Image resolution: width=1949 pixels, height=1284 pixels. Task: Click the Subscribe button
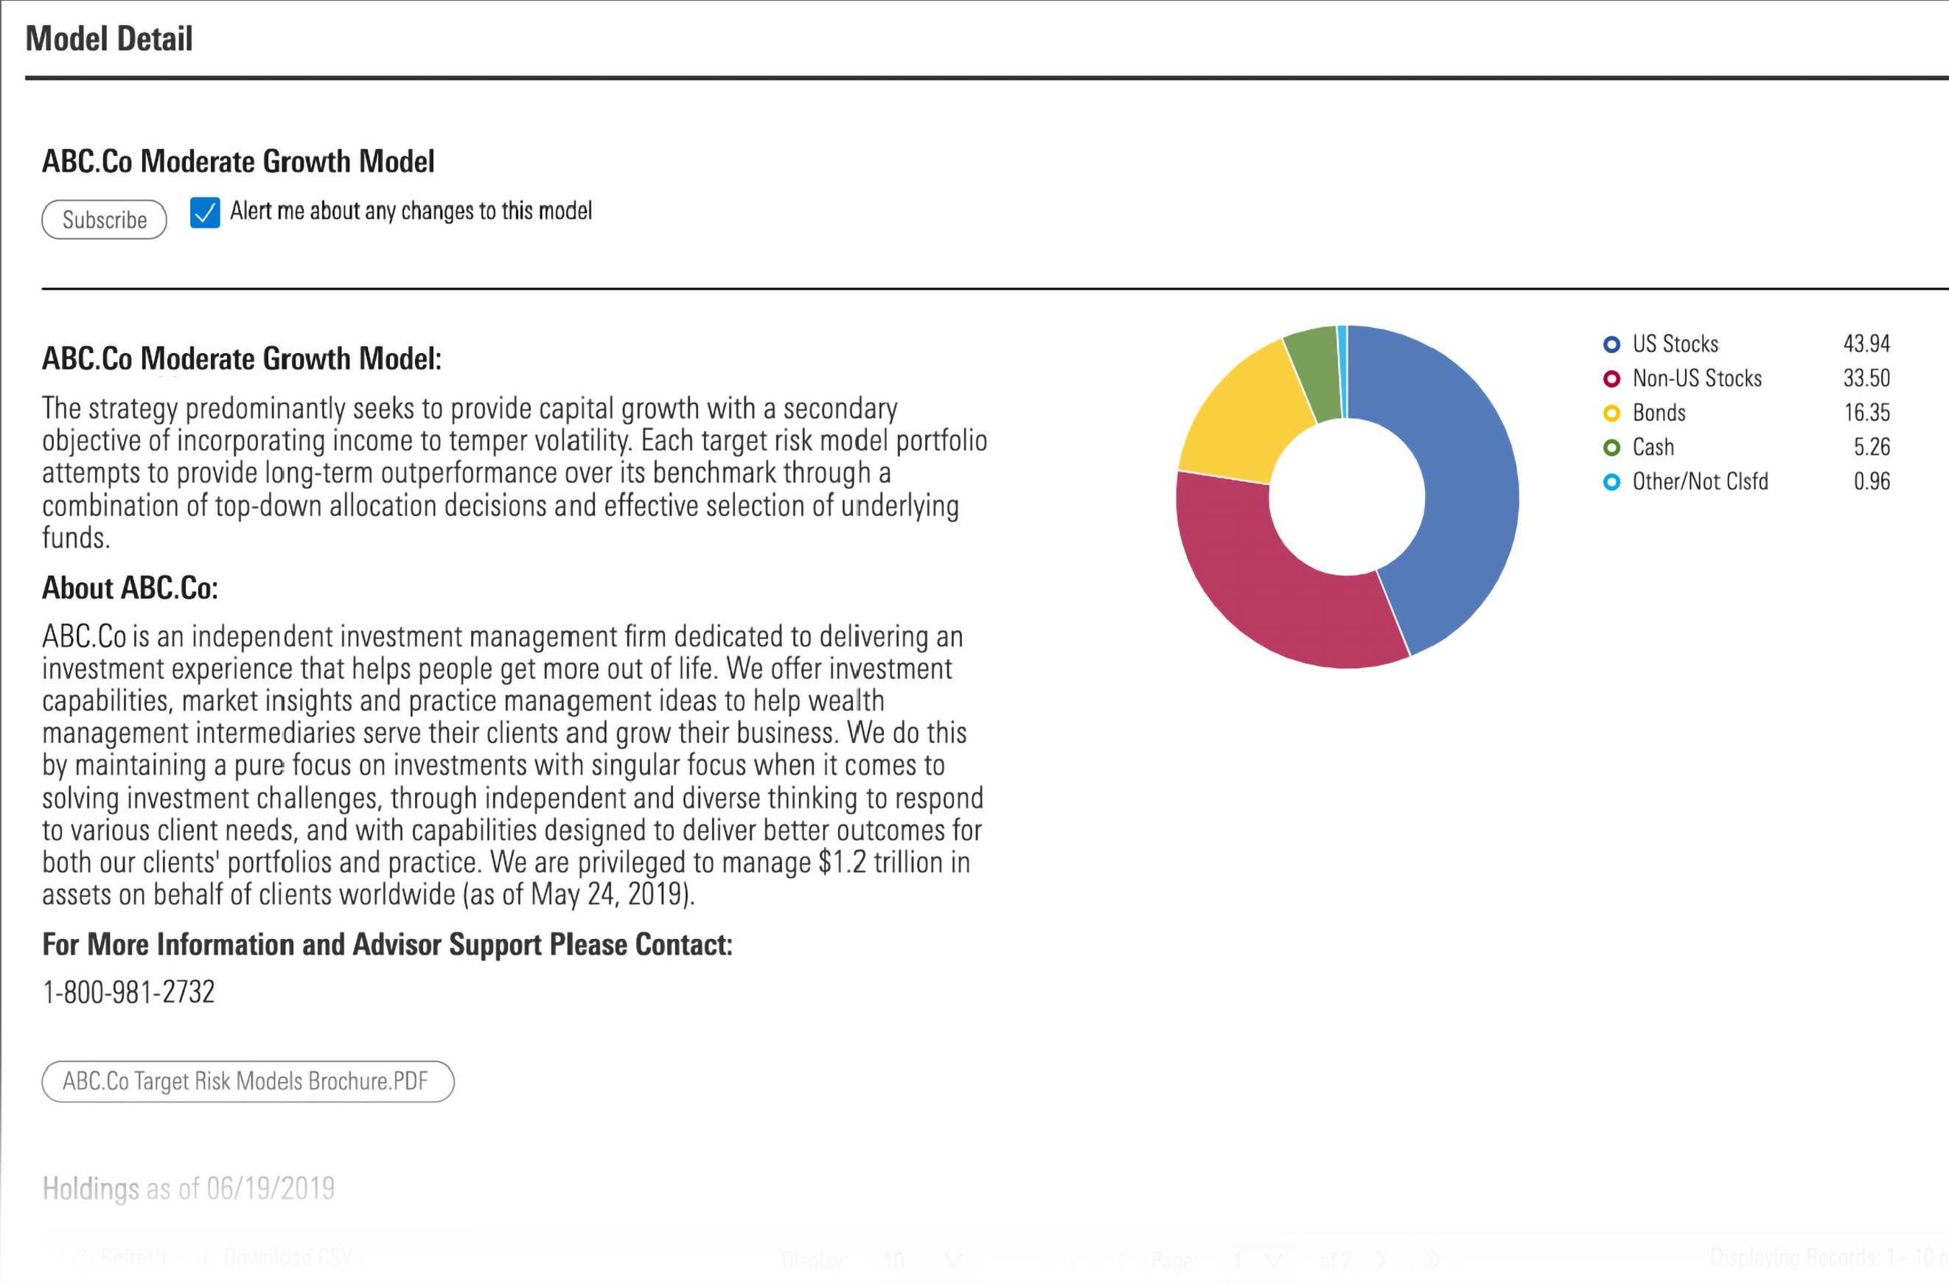click(104, 220)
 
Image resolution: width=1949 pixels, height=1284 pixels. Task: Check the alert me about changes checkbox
click(205, 213)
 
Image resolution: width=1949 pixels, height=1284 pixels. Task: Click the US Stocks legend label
click(1675, 344)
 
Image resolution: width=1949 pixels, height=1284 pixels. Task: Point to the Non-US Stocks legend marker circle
click(1611, 378)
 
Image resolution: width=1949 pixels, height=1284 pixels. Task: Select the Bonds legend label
click(1659, 413)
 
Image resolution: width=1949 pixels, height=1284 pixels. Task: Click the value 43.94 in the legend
click(1866, 344)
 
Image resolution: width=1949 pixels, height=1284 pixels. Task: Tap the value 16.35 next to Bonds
click(1866, 413)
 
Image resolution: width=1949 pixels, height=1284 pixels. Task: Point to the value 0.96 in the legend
click(1871, 481)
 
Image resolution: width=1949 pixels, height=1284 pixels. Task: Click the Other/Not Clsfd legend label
click(1700, 481)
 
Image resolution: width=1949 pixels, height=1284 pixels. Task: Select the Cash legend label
click(1653, 447)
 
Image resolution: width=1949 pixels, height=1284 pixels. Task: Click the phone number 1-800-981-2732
click(128, 992)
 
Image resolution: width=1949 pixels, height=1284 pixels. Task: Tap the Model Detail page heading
click(109, 38)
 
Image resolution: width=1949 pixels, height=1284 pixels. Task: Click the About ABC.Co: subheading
click(130, 588)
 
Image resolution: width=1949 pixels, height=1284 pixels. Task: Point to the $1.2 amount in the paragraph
click(842, 862)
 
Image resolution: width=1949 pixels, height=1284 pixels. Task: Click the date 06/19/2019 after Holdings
click(271, 1188)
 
